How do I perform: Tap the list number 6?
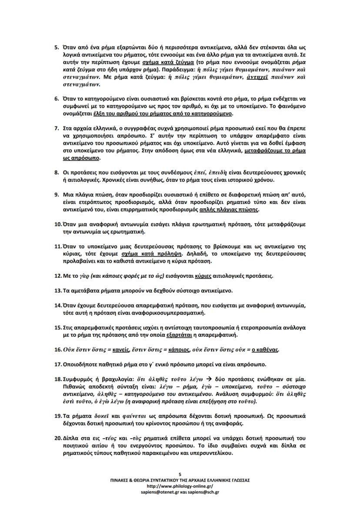pyautogui.click(x=57, y=99)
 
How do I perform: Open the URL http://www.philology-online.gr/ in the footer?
pyautogui.click(x=180, y=486)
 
